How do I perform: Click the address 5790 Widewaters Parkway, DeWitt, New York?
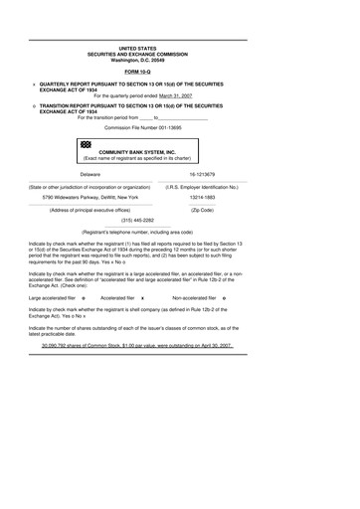tap(96, 197)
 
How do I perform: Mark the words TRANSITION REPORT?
tap(66, 104)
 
